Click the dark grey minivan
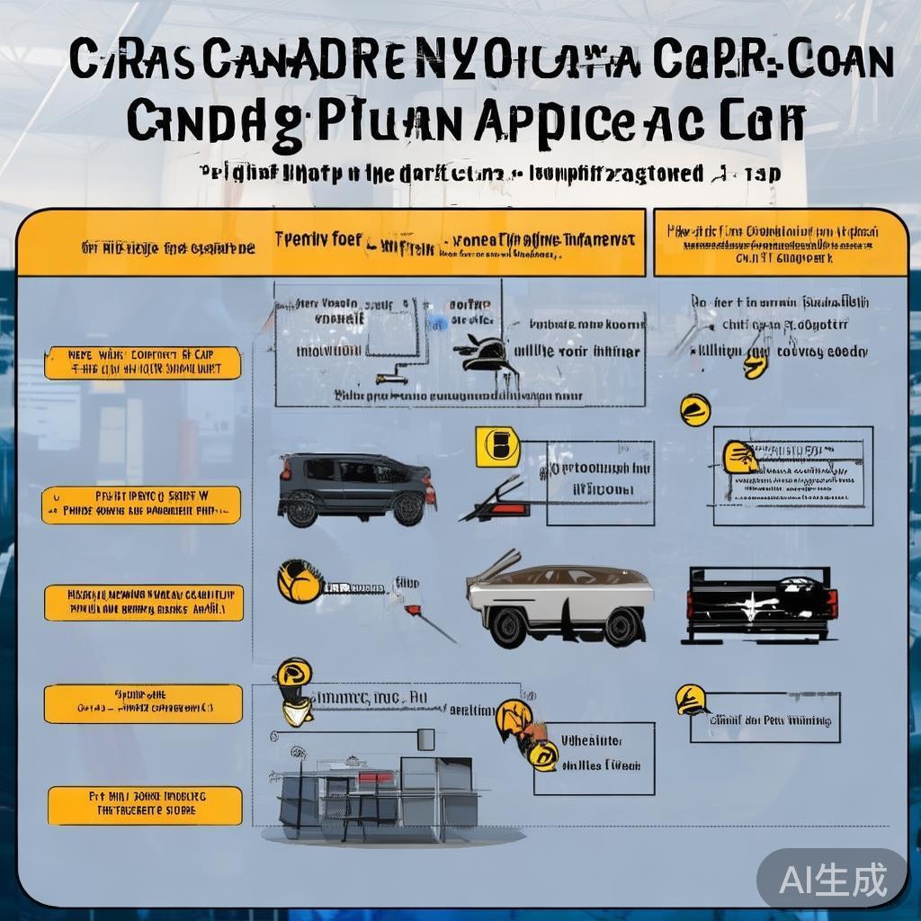(356, 489)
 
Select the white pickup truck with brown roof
(559, 602)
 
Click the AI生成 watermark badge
(832, 879)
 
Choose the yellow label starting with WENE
(143, 362)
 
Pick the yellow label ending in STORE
(145, 806)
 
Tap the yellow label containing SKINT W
(142, 505)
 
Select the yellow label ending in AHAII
(144, 603)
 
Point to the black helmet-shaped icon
(487, 353)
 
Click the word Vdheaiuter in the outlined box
(592, 742)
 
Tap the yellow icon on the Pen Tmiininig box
(691, 700)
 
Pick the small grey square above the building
(425, 739)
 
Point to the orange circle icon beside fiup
(299, 581)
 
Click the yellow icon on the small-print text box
(739, 457)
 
